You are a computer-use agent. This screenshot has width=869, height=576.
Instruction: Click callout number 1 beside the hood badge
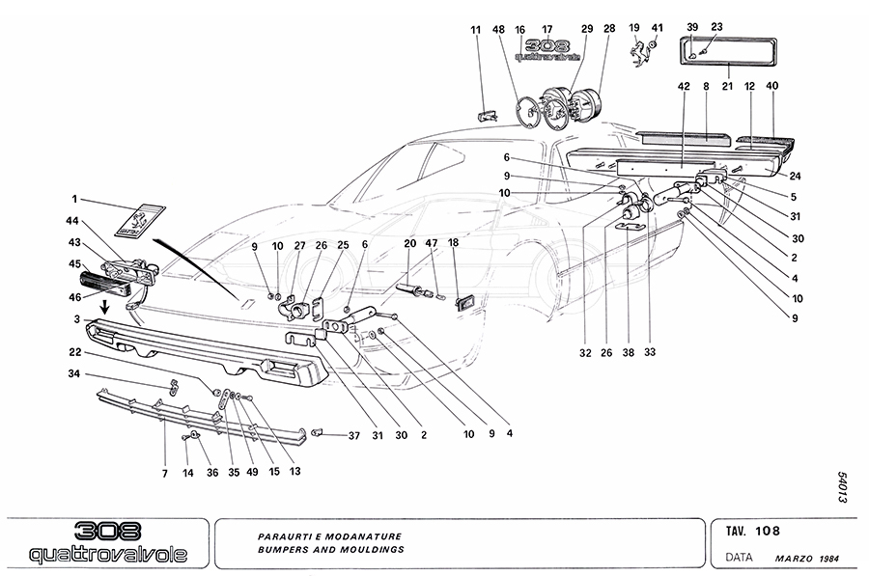click(73, 200)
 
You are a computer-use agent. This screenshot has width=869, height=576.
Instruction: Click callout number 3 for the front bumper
click(73, 317)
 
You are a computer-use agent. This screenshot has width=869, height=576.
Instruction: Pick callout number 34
click(73, 373)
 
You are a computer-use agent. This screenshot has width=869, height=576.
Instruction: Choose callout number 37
click(353, 435)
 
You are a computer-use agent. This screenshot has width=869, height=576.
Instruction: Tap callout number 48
click(498, 30)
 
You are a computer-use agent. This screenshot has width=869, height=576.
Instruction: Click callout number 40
click(772, 86)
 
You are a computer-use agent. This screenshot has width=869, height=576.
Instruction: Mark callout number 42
click(683, 86)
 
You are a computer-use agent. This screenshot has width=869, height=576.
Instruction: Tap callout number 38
click(630, 352)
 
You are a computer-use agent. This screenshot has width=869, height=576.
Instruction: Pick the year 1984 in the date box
click(829, 559)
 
